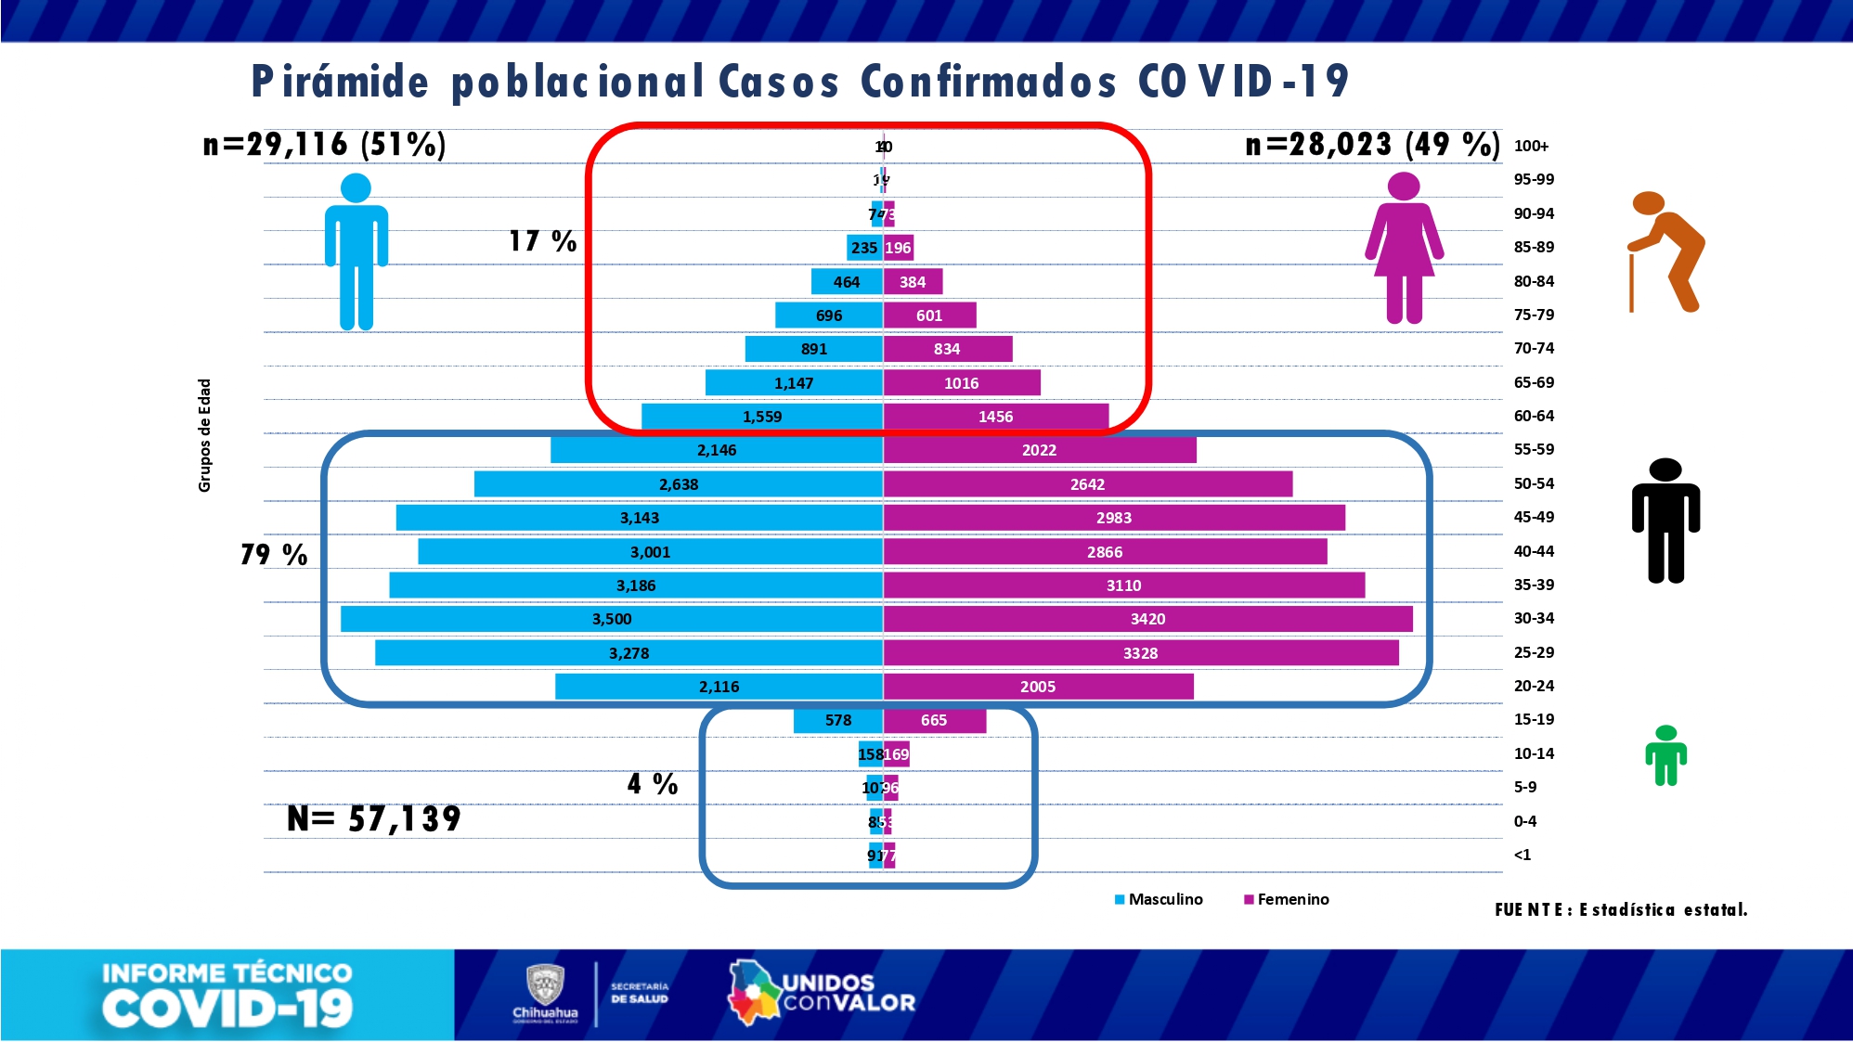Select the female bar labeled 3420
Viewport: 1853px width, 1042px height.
(1147, 619)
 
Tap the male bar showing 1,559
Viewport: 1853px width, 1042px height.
(761, 417)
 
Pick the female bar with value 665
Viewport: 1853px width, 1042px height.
(934, 720)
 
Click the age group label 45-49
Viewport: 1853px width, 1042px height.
(1534, 517)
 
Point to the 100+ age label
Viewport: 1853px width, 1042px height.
(1531, 146)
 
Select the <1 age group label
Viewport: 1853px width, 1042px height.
(1523, 855)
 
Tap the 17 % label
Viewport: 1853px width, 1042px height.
(542, 241)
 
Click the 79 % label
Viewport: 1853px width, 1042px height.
(274, 555)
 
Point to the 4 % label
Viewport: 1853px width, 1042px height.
(653, 784)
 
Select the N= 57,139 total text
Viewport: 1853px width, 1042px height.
(374, 818)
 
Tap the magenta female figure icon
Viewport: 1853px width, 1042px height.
(1404, 249)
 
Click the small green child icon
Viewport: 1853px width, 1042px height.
(1665, 756)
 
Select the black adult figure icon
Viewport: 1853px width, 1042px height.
(1665, 521)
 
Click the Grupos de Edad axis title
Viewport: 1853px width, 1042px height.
(204, 435)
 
